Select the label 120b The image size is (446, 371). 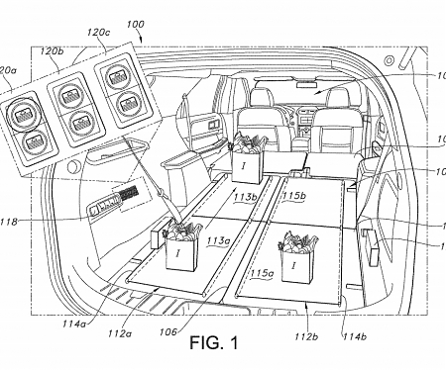(52, 47)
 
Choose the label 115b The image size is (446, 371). (294, 197)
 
